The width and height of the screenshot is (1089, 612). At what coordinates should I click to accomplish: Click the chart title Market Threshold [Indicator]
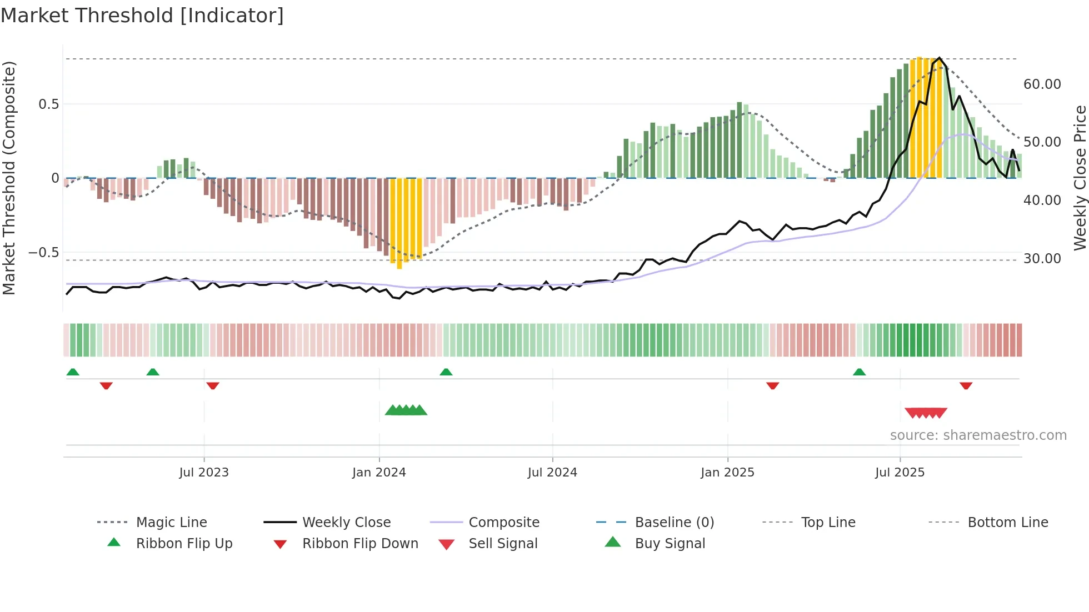coord(142,16)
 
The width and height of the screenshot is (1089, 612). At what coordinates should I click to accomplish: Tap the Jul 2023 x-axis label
coord(204,473)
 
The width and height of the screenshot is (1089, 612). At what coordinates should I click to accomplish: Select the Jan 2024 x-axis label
coord(379,473)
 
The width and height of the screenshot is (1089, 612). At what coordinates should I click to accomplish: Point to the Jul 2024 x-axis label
coord(552,473)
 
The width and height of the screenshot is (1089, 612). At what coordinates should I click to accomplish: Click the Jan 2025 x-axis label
coord(727,473)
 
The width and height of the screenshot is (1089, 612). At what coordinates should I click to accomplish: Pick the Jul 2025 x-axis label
coord(900,473)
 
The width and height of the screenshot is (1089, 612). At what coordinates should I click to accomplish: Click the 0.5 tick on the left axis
coord(48,104)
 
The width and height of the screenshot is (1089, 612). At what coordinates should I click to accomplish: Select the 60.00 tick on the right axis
coord(1042,84)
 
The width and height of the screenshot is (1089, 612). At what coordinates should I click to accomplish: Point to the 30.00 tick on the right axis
coord(1042,259)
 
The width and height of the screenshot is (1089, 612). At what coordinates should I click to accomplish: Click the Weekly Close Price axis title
coord(1080,178)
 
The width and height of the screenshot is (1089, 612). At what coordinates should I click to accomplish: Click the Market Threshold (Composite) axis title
coord(9,178)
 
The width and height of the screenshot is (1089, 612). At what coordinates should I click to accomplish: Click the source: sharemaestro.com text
coord(978,435)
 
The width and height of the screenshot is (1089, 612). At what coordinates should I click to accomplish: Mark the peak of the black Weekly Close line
coord(940,58)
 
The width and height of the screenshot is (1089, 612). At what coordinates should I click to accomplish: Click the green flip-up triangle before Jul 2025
coord(859,372)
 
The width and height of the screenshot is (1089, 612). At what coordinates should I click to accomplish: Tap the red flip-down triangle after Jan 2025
coord(772,385)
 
